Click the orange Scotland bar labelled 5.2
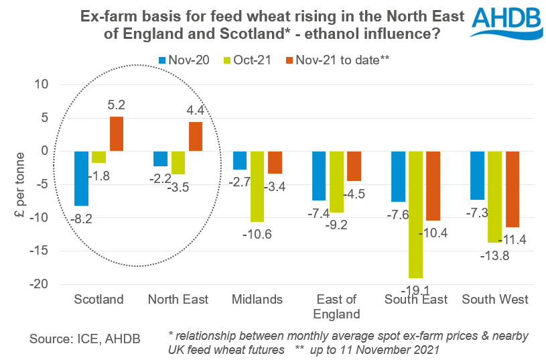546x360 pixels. click(x=117, y=134)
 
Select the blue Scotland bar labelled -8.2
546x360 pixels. click(x=81, y=178)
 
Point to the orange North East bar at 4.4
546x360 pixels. click(x=196, y=137)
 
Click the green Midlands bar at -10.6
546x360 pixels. click(x=257, y=186)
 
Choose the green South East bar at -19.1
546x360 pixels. click(x=415, y=215)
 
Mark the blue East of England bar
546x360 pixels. click(x=319, y=176)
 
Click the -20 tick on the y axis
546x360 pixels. click(x=42, y=284)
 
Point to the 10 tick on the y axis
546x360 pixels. click(x=46, y=84)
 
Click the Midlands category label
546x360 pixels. click(x=257, y=299)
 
